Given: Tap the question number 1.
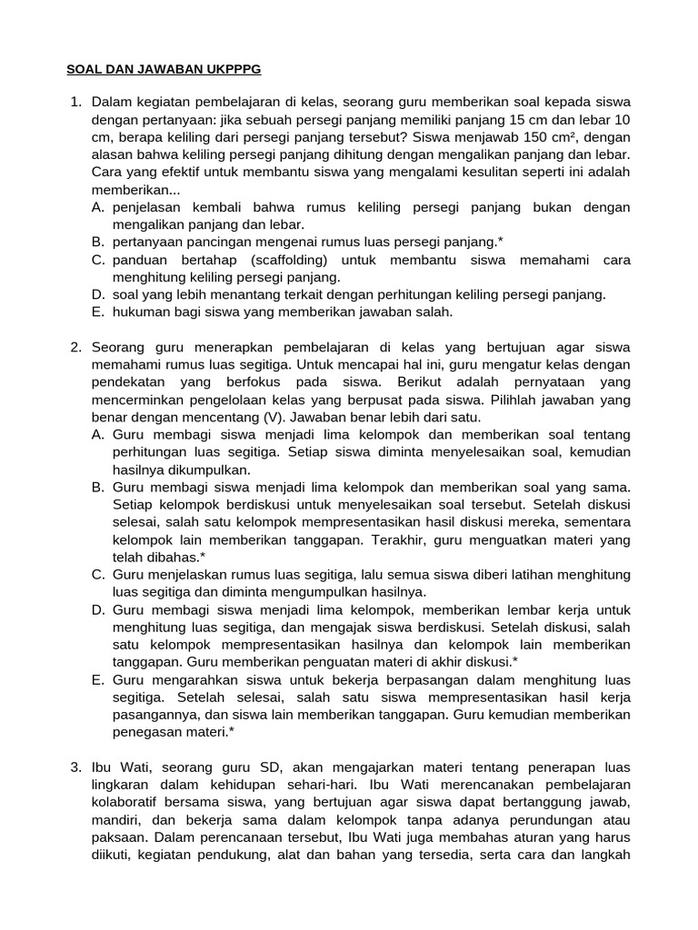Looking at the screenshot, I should point(76,101).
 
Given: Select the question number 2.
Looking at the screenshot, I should point(76,348).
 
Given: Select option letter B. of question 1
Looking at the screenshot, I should point(98,242).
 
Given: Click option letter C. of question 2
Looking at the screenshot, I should point(98,575).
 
